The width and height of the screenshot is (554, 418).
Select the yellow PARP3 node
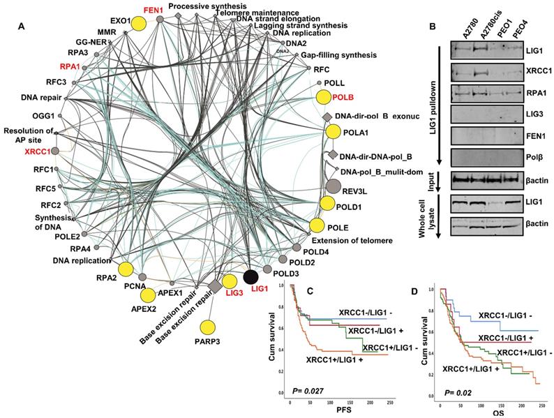[x=207, y=327]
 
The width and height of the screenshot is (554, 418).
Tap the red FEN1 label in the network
[x=153, y=11]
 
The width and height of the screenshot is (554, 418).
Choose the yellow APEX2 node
[x=148, y=294]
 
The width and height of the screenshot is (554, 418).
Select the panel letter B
[x=433, y=27]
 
